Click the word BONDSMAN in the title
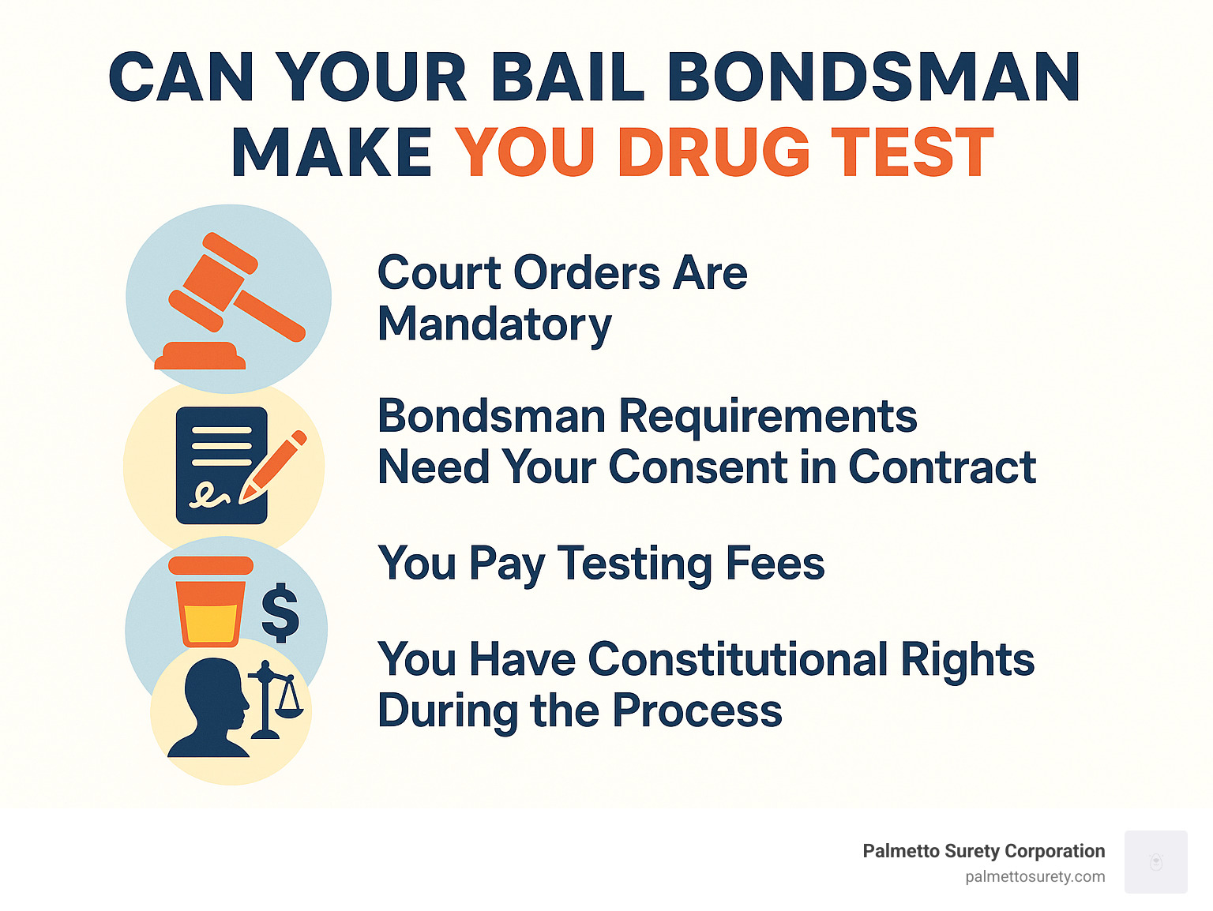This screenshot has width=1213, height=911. click(x=873, y=77)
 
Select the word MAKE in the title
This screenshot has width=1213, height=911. click(x=332, y=152)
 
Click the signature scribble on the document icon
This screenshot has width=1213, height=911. click(x=209, y=495)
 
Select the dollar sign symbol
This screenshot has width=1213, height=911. click(x=280, y=612)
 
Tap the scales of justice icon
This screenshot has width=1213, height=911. click(x=275, y=698)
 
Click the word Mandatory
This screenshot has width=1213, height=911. click(x=495, y=325)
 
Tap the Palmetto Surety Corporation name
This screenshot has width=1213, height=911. click(x=983, y=851)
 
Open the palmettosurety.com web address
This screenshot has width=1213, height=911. click(x=1035, y=876)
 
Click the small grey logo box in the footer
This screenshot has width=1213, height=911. click(x=1155, y=862)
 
